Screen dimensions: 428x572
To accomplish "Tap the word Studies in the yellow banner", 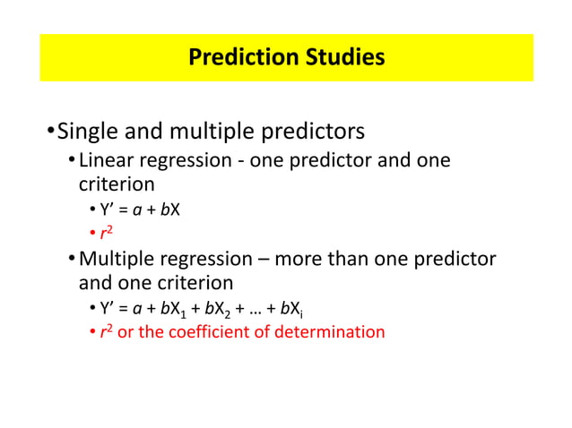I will tap(343, 58).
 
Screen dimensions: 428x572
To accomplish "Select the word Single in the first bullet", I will tap(90, 132).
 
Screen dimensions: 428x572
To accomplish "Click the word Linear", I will tap(107, 161).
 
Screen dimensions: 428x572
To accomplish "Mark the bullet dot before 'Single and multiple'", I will tap(50, 133).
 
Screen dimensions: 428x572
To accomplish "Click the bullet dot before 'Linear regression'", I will tap(71, 162).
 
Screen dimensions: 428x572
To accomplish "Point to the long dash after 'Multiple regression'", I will tap(262, 261).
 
